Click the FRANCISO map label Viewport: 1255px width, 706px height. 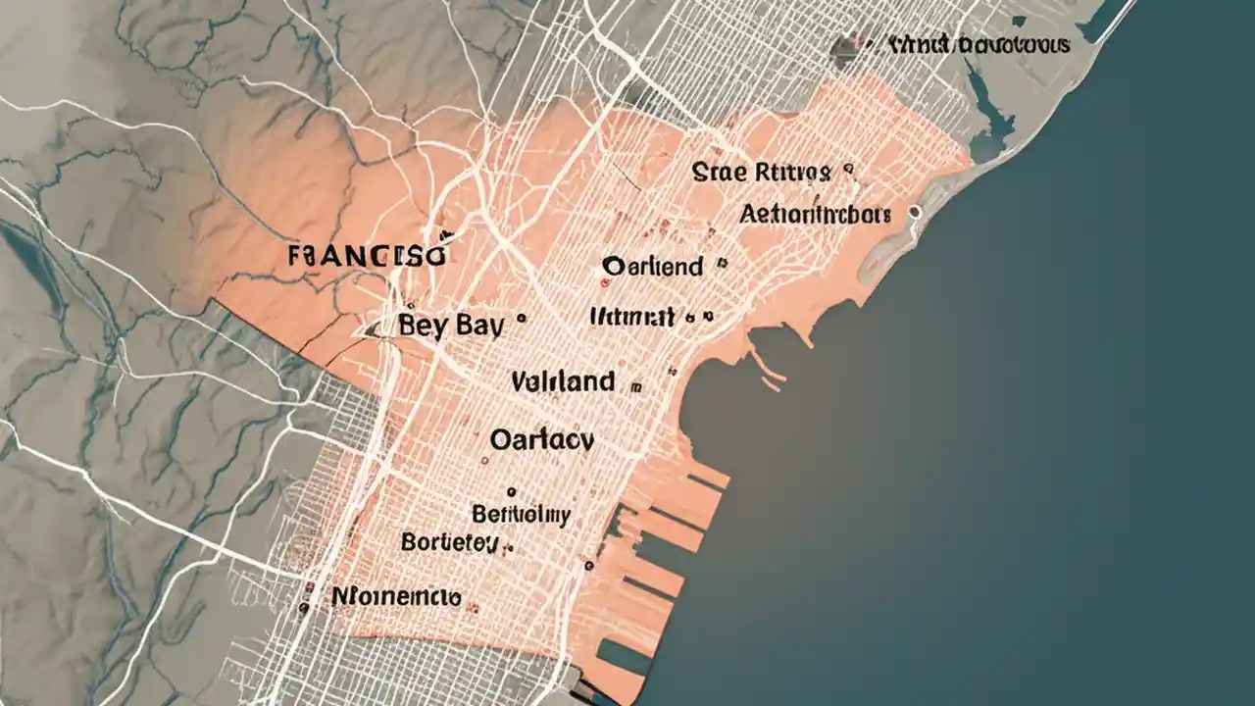click(368, 257)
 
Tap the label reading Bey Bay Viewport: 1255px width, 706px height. click(451, 326)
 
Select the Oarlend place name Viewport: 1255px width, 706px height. click(653, 266)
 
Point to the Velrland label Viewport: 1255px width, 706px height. click(564, 380)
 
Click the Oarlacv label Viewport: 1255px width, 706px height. click(541, 440)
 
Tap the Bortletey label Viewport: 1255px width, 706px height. click(450, 542)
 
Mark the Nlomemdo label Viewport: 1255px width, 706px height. click(396, 595)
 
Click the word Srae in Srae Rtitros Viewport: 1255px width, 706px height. click(721, 174)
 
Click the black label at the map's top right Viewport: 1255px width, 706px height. click(979, 45)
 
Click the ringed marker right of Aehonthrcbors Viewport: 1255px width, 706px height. click(915, 211)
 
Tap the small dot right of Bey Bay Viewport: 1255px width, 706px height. click(521, 318)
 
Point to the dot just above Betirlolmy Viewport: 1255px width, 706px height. click(510, 491)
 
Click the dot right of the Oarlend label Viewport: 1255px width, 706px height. click(722, 263)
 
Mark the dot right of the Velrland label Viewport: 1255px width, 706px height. click(638, 384)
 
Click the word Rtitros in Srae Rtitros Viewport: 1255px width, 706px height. click(793, 174)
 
